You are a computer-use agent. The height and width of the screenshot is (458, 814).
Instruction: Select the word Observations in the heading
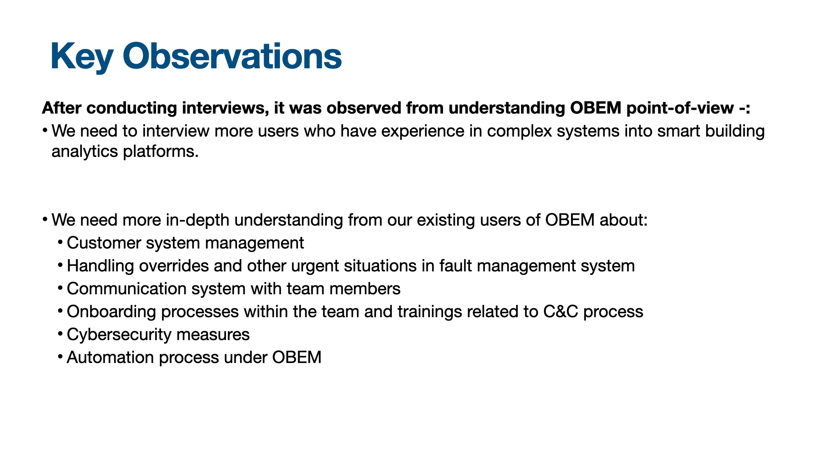click(x=232, y=56)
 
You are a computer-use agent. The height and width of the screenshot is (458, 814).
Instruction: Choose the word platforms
click(x=161, y=152)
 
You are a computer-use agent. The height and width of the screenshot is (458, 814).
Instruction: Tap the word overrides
click(x=174, y=266)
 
